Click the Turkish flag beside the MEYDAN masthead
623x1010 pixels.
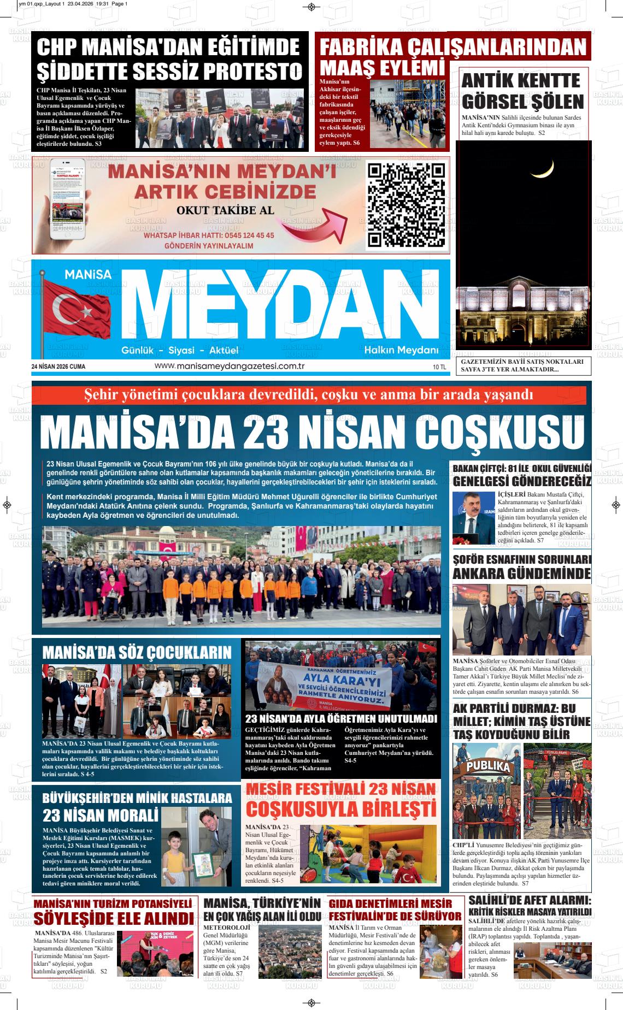(x=79, y=310)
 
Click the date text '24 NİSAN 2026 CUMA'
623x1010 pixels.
(x=58, y=366)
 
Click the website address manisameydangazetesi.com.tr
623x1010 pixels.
(x=230, y=365)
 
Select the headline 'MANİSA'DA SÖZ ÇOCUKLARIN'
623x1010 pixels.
(x=137, y=652)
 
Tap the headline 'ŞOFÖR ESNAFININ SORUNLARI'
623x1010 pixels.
(x=521, y=560)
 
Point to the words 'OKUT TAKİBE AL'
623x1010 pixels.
(x=225, y=210)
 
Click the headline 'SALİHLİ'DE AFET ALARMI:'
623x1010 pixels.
(x=530, y=900)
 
